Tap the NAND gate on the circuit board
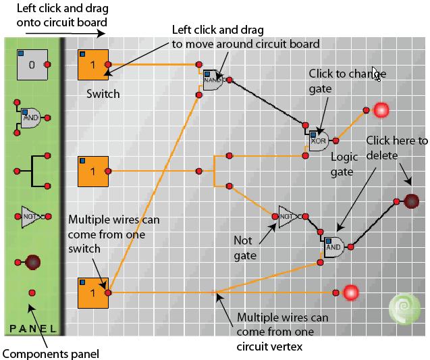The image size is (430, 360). pyautogui.click(x=214, y=80)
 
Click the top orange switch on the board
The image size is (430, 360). pyautogui.click(x=93, y=66)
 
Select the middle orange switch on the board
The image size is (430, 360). pyautogui.click(x=93, y=172)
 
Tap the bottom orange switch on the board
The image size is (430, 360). pyautogui.click(x=93, y=292)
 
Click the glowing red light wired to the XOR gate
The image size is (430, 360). pyautogui.click(x=382, y=109)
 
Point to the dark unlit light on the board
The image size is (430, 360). pyautogui.click(x=411, y=200)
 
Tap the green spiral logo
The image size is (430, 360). pyautogui.click(x=402, y=311)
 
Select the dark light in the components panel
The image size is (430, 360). pyautogui.click(x=32, y=262)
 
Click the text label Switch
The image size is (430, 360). pyautogui.click(x=103, y=94)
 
